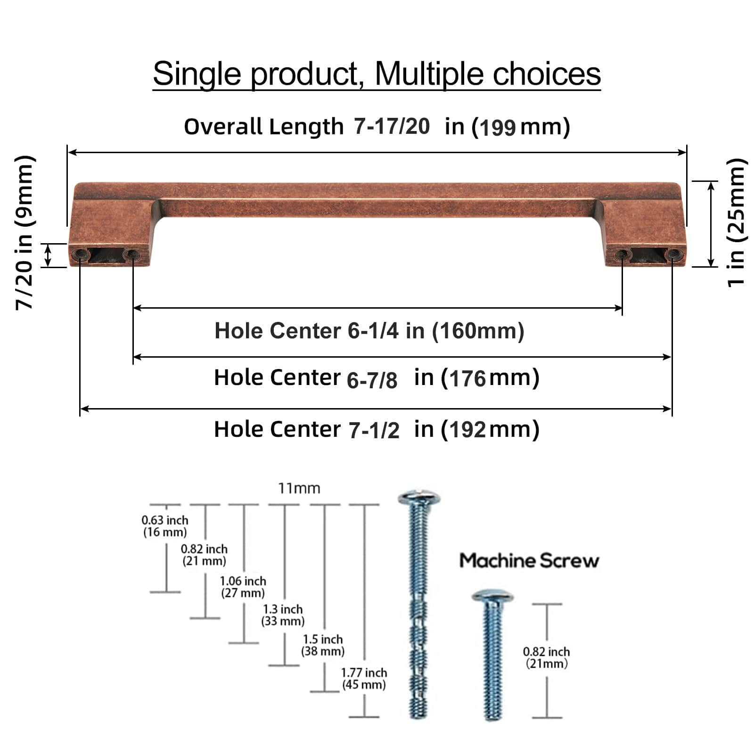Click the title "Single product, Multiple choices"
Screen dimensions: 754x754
377,74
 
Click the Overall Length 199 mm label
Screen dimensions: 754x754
377,127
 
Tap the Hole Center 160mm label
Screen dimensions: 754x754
369,331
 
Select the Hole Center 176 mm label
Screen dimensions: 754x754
377,378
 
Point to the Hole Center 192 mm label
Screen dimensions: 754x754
377,429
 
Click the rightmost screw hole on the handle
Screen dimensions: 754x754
671,255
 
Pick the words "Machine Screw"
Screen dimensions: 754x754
529,561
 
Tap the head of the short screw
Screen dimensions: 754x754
492,596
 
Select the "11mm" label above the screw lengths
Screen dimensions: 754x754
299,488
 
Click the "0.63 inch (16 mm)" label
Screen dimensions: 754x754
165,526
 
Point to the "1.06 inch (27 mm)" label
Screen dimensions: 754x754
243,587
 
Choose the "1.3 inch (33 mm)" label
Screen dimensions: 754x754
283,615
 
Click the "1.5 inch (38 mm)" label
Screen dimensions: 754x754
323,645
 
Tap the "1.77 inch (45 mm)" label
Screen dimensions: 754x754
364,679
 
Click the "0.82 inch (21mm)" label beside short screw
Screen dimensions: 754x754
547,657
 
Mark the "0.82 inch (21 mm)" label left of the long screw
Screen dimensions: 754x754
204,555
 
